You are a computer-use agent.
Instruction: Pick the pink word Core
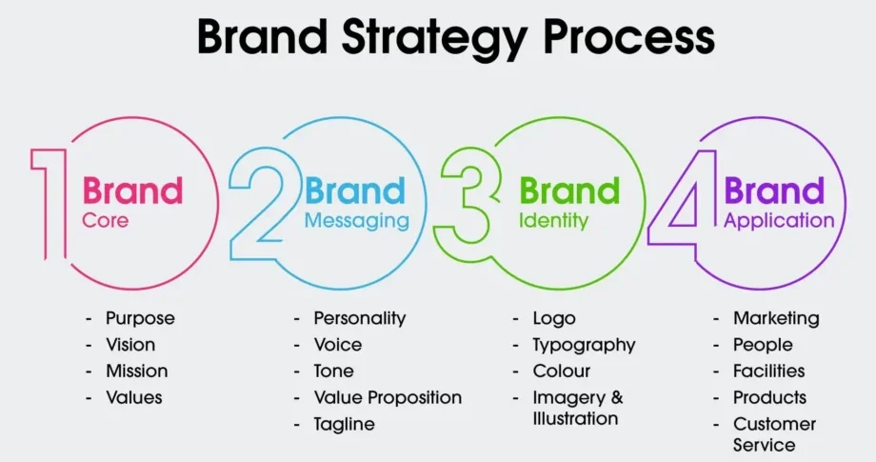105,221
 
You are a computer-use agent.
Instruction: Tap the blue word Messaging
357,222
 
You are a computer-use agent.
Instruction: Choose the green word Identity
553,221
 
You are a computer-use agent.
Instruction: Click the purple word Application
779,221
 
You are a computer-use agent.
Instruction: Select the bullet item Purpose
140,319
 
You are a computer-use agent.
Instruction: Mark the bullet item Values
134,398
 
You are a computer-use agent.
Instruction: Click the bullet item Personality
360,319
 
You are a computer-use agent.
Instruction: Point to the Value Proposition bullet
388,398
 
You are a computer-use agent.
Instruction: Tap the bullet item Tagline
344,425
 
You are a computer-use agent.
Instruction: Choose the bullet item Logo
554,319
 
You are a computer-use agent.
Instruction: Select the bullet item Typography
584,346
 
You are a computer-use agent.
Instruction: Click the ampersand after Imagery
617,398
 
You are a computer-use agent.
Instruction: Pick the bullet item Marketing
776,319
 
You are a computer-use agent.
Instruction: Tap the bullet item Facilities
768,371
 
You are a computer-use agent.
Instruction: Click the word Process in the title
629,37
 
